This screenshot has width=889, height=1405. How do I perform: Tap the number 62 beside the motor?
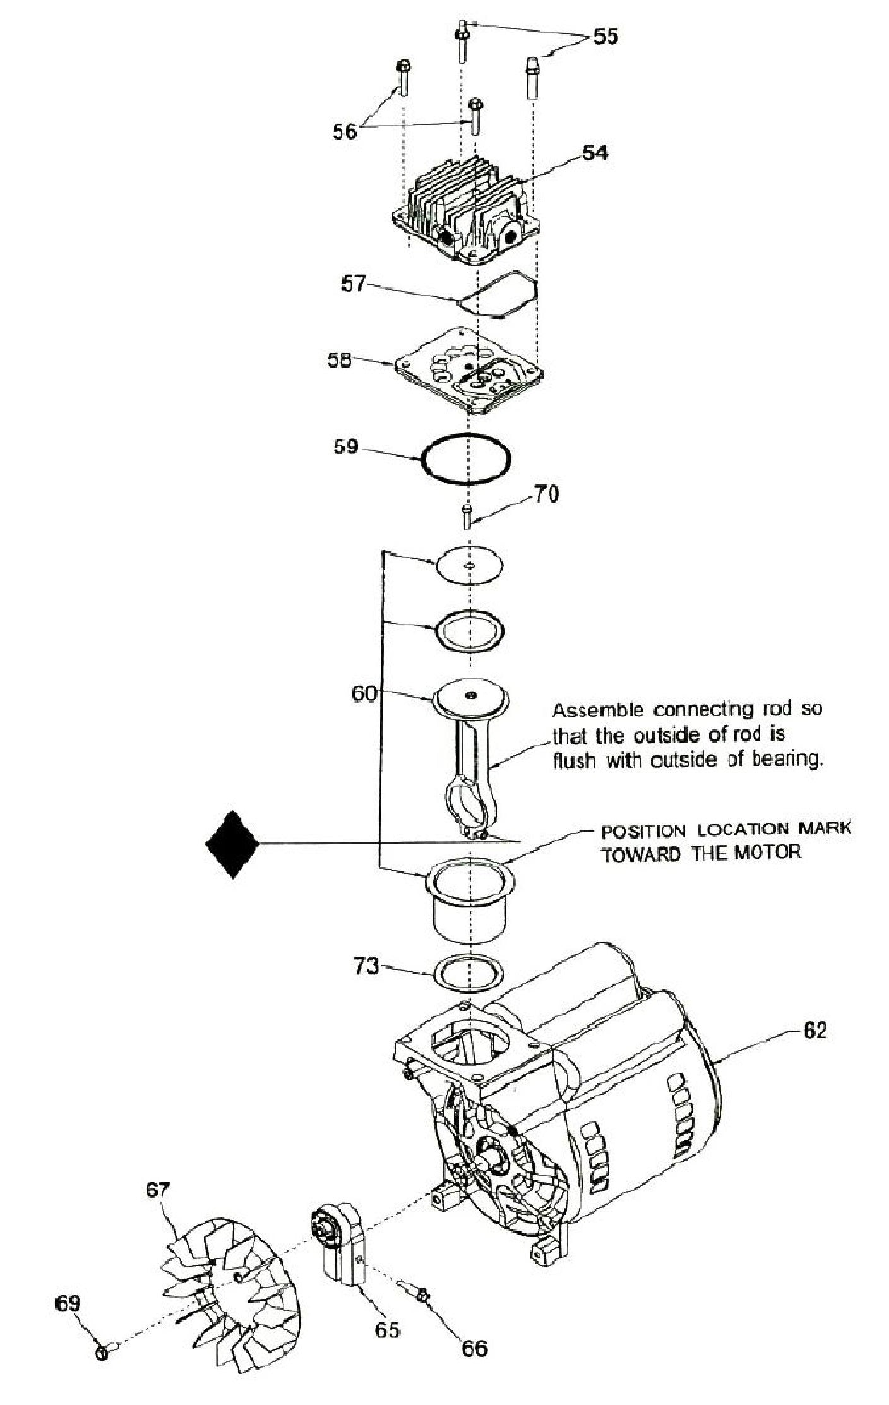tap(814, 1031)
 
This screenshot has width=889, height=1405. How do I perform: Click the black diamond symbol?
tap(233, 844)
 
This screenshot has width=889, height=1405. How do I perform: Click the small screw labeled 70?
tap(467, 517)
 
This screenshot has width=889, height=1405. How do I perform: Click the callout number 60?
tap(364, 694)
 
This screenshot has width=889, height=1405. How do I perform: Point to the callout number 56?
tap(345, 131)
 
